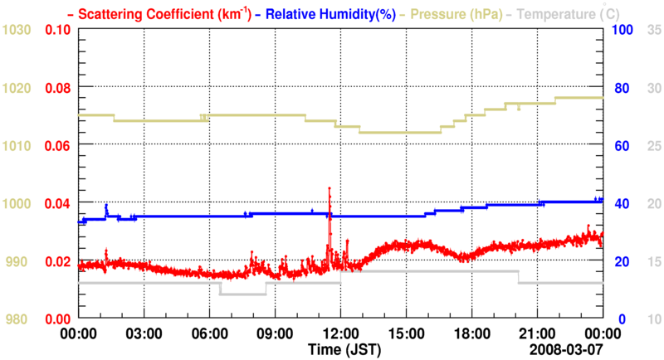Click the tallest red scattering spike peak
pyautogui.click(x=330, y=189)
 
